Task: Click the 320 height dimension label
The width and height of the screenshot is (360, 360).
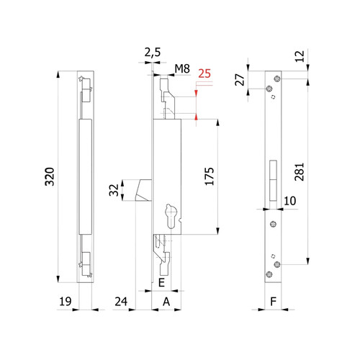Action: coord(50,176)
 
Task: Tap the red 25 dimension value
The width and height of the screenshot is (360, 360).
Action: coord(204,73)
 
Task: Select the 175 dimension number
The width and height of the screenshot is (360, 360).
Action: coord(210,176)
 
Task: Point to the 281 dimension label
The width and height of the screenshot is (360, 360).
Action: coord(300,172)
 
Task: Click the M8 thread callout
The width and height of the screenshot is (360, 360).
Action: coord(182,69)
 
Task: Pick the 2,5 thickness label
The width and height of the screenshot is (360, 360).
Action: coord(153,53)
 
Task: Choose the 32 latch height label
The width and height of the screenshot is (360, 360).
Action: coord(114,190)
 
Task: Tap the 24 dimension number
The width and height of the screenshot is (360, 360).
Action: coord(121,302)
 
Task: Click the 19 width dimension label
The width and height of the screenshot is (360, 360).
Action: coord(66,302)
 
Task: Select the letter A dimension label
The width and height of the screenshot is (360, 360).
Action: coord(166,302)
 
